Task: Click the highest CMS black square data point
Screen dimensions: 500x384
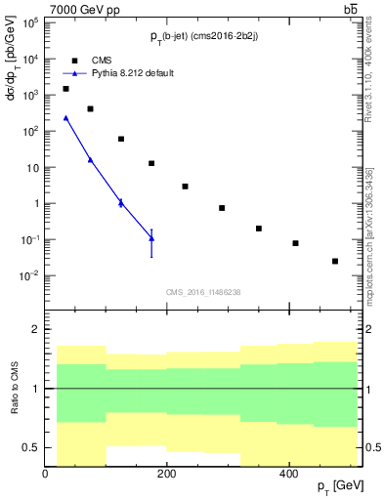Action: (65, 89)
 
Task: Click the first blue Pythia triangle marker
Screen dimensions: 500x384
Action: (65, 118)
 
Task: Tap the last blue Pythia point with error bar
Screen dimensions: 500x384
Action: (151, 238)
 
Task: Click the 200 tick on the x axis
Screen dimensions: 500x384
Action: (167, 473)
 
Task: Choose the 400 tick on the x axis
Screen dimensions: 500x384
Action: (288, 473)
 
